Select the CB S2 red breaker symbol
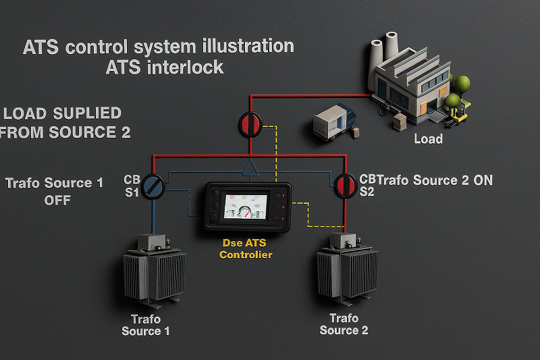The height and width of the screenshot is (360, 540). click(345, 184)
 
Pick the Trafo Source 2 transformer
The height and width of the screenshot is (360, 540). click(346, 270)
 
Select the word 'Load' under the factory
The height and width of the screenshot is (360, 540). click(428, 139)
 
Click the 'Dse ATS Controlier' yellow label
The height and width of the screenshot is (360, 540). click(246, 248)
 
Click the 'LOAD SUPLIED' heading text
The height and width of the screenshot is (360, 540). click(63, 113)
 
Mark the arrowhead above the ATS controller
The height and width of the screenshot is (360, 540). click(250, 167)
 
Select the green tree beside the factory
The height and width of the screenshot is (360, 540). click(462, 84)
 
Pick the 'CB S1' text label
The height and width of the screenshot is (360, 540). click(132, 186)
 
